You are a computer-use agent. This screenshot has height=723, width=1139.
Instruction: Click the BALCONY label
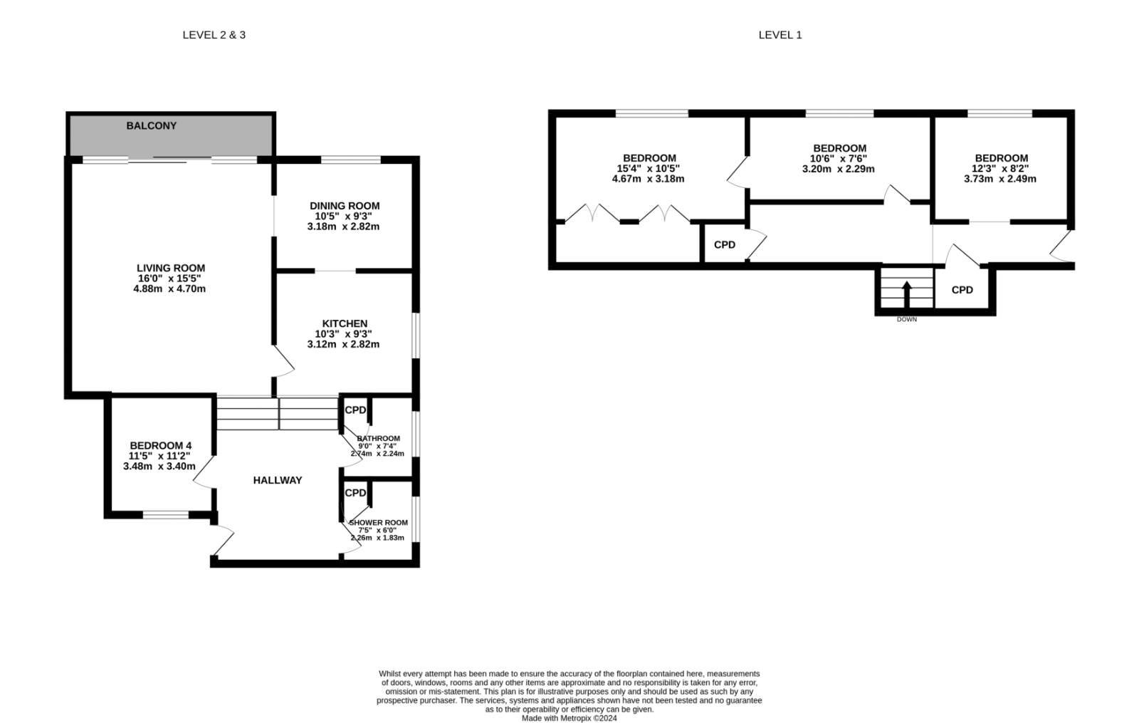click(x=152, y=125)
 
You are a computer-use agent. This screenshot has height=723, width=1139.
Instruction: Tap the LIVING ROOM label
click(x=171, y=268)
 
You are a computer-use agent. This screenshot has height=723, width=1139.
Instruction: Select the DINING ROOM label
click(x=345, y=206)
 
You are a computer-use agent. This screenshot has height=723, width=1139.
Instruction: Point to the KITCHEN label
click(x=345, y=323)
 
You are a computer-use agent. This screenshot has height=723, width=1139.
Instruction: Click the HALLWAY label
click(x=278, y=480)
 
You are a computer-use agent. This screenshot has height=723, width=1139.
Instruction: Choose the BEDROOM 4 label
click(x=161, y=446)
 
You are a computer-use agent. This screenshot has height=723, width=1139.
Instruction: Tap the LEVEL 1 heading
click(x=780, y=35)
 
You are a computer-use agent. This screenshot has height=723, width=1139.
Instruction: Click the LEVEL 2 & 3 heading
click(x=214, y=35)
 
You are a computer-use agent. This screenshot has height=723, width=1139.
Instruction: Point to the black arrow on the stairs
click(x=907, y=294)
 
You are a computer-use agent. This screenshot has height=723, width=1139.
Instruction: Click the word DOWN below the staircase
click(x=907, y=320)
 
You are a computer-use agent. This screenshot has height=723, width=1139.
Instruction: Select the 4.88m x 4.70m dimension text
click(x=170, y=289)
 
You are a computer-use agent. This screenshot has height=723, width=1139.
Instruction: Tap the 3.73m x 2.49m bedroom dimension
click(x=1000, y=179)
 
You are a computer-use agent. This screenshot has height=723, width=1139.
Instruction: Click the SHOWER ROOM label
click(x=379, y=523)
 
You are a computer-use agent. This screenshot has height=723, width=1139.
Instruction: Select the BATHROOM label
click(x=379, y=439)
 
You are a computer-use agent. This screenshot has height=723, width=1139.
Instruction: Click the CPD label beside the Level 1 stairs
click(x=962, y=290)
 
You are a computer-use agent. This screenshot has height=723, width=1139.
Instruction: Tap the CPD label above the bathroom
click(x=355, y=410)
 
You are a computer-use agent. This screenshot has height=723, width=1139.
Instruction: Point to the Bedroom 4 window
click(x=166, y=515)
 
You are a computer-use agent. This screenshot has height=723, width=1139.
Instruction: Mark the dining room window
click(x=351, y=160)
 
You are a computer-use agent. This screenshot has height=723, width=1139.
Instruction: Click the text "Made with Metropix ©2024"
click(x=569, y=719)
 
